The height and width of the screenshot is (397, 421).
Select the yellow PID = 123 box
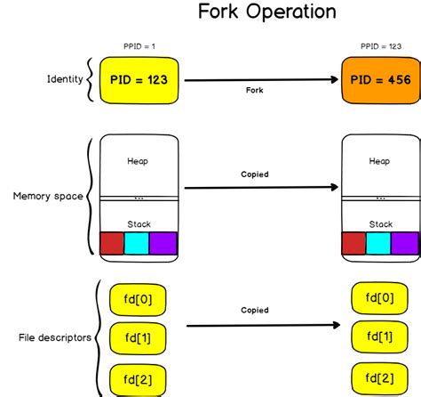pos(139,79)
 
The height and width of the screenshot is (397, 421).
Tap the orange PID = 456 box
pos(379,79)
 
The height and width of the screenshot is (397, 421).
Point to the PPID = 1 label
pos(139,47)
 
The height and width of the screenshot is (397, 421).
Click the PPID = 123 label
pos(379,47)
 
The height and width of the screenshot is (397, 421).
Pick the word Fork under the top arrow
pos(255,91)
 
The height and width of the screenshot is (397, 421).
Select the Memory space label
pos(47,196)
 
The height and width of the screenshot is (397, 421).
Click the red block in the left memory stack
pos(113,243)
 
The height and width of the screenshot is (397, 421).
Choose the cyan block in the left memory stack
pos(137,243)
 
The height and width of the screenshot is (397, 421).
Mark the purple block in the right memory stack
pos(404,243)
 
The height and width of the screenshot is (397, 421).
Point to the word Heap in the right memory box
pos(380,161)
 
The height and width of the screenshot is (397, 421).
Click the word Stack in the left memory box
pos(139,223)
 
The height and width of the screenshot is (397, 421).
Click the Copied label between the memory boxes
pos(255,175)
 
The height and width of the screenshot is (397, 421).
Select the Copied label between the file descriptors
pos(255,311)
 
